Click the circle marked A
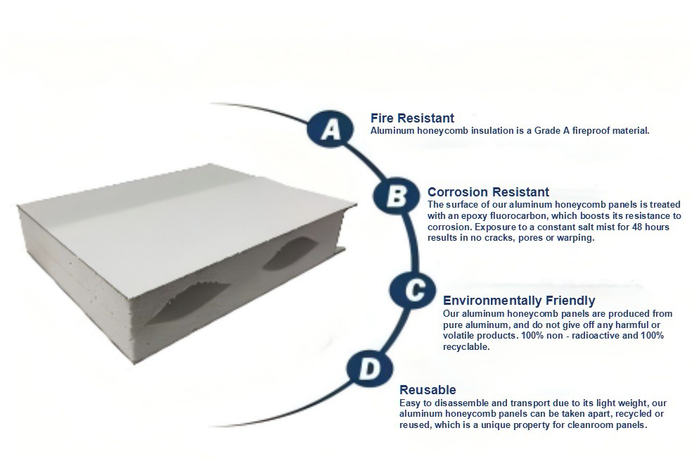pos(330,129)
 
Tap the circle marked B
pos(397,195)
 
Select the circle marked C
pos(414,290)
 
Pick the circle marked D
pos(369,369)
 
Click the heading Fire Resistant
pos(412,118)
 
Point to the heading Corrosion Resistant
pos(488,192)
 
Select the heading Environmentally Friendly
pos(519,301)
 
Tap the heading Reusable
pos(428,390)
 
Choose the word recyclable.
pos(466,347)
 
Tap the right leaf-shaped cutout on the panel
pos(291,253)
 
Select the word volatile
pos(458,336)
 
